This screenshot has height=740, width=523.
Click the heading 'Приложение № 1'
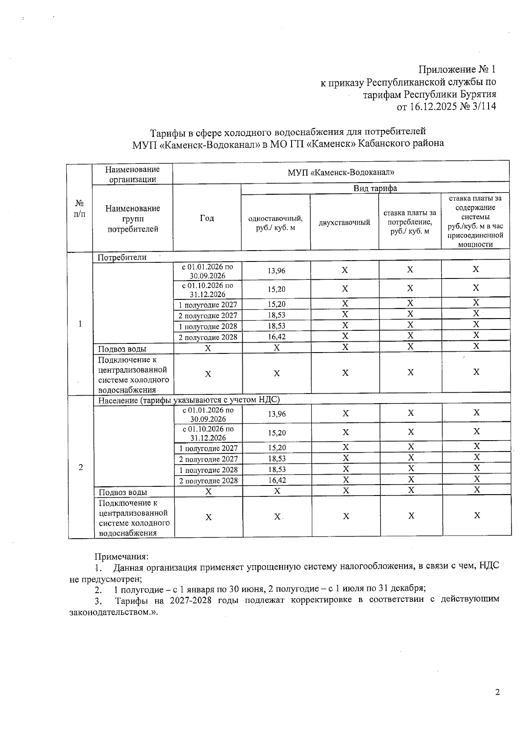(x=457, y=70)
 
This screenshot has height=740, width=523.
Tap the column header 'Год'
(x=207, y=218)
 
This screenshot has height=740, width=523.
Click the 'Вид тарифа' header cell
(x=375, y=188)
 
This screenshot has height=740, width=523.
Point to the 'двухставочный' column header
(x=344, y=223)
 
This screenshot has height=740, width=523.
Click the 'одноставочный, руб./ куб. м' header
(x=275, y=223)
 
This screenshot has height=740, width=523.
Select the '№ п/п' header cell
(x=79, y=208)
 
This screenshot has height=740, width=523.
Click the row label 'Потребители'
(x=122, y=257)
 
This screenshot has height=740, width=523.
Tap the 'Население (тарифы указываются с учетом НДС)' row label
(x=189, y=400)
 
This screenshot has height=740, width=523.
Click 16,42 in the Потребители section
(x=277, y=337)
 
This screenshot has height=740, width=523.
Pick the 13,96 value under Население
(x=277, y=414)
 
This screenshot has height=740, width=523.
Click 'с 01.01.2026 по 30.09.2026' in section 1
(x=207, y=271)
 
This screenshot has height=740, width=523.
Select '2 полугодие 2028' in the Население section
(x=208, y=481)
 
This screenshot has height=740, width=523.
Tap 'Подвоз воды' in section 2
(x=123, y=492)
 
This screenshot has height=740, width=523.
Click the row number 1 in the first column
(x=80, y=324)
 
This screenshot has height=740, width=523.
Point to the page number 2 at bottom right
(x=497, y=692)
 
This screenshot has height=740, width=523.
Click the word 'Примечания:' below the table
(x=122, y=557)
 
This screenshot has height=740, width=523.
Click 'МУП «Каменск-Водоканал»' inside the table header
(x=340, y=173)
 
